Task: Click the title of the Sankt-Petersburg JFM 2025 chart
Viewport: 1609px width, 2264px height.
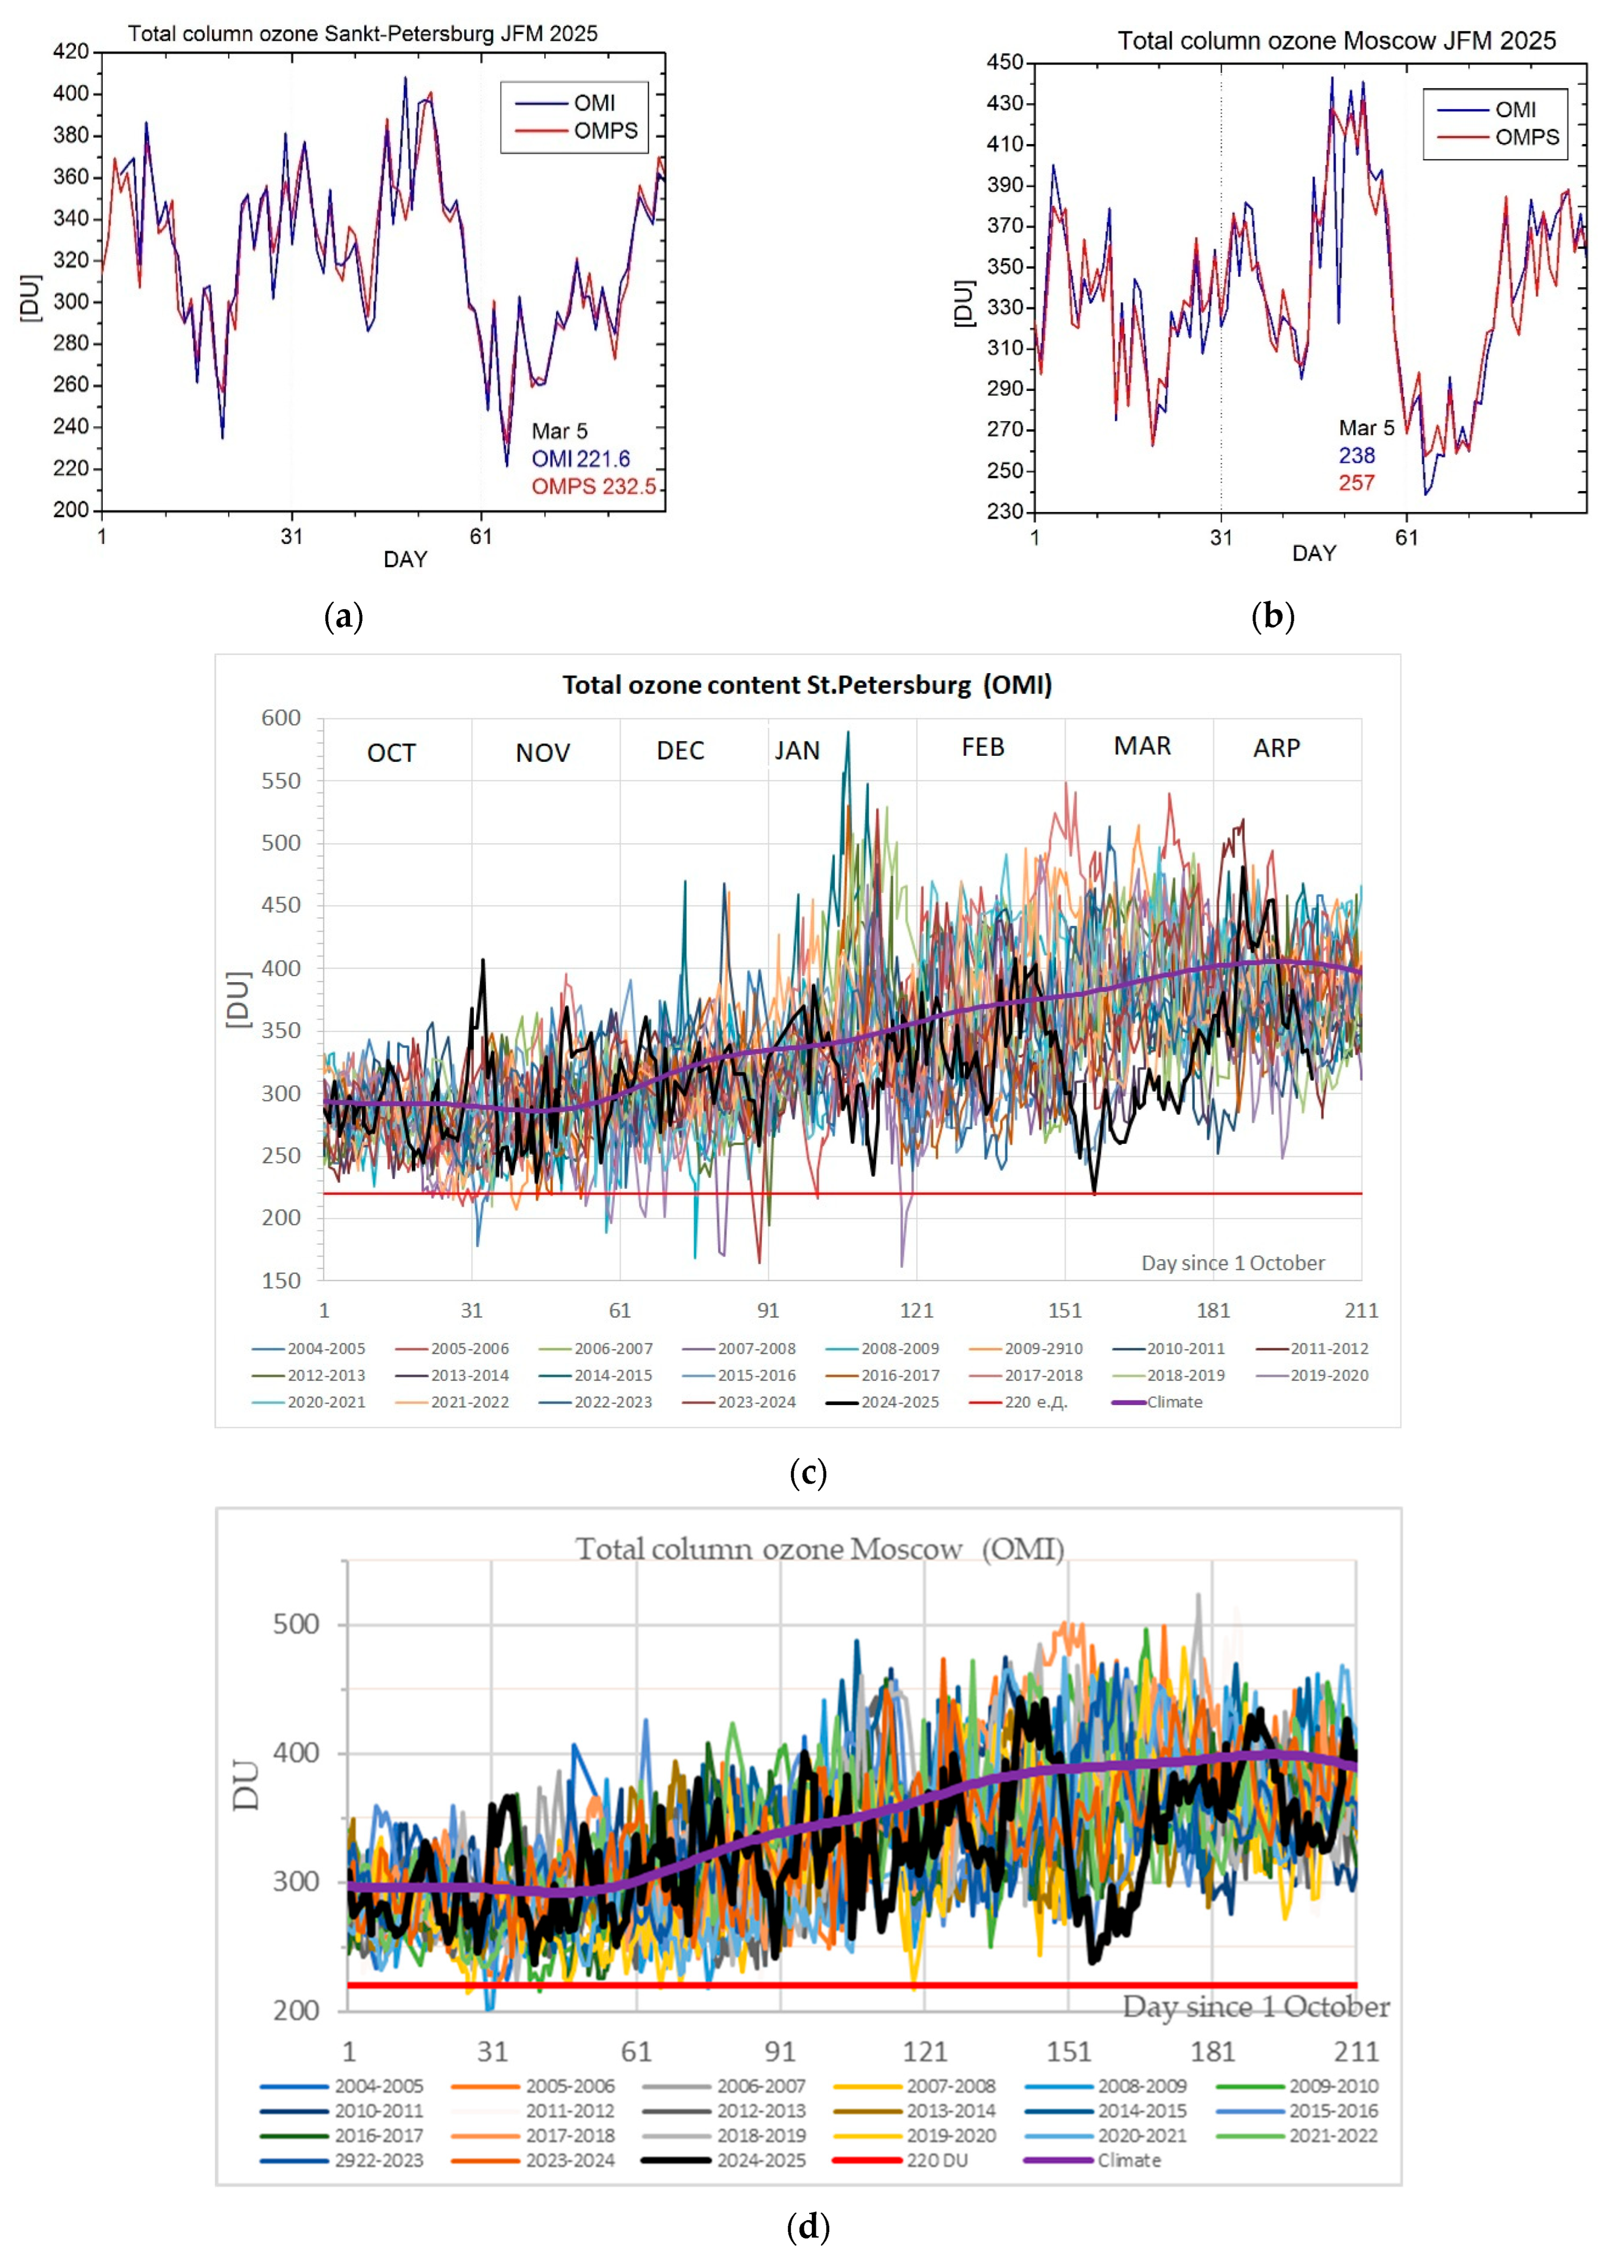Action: pos(362,34)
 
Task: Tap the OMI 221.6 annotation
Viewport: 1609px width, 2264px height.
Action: pos(580,459)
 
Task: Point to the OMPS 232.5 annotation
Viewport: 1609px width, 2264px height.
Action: pos(593,487)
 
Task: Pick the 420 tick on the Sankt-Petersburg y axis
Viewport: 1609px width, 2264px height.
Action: pos(71,51)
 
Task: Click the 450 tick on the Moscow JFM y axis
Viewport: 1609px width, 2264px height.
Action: pos(1005,62)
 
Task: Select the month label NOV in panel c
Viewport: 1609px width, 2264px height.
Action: pos(543,753)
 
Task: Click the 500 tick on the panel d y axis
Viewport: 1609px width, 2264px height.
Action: pos(296,1625)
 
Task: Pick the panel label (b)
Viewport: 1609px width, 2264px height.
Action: pos(1273,616)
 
